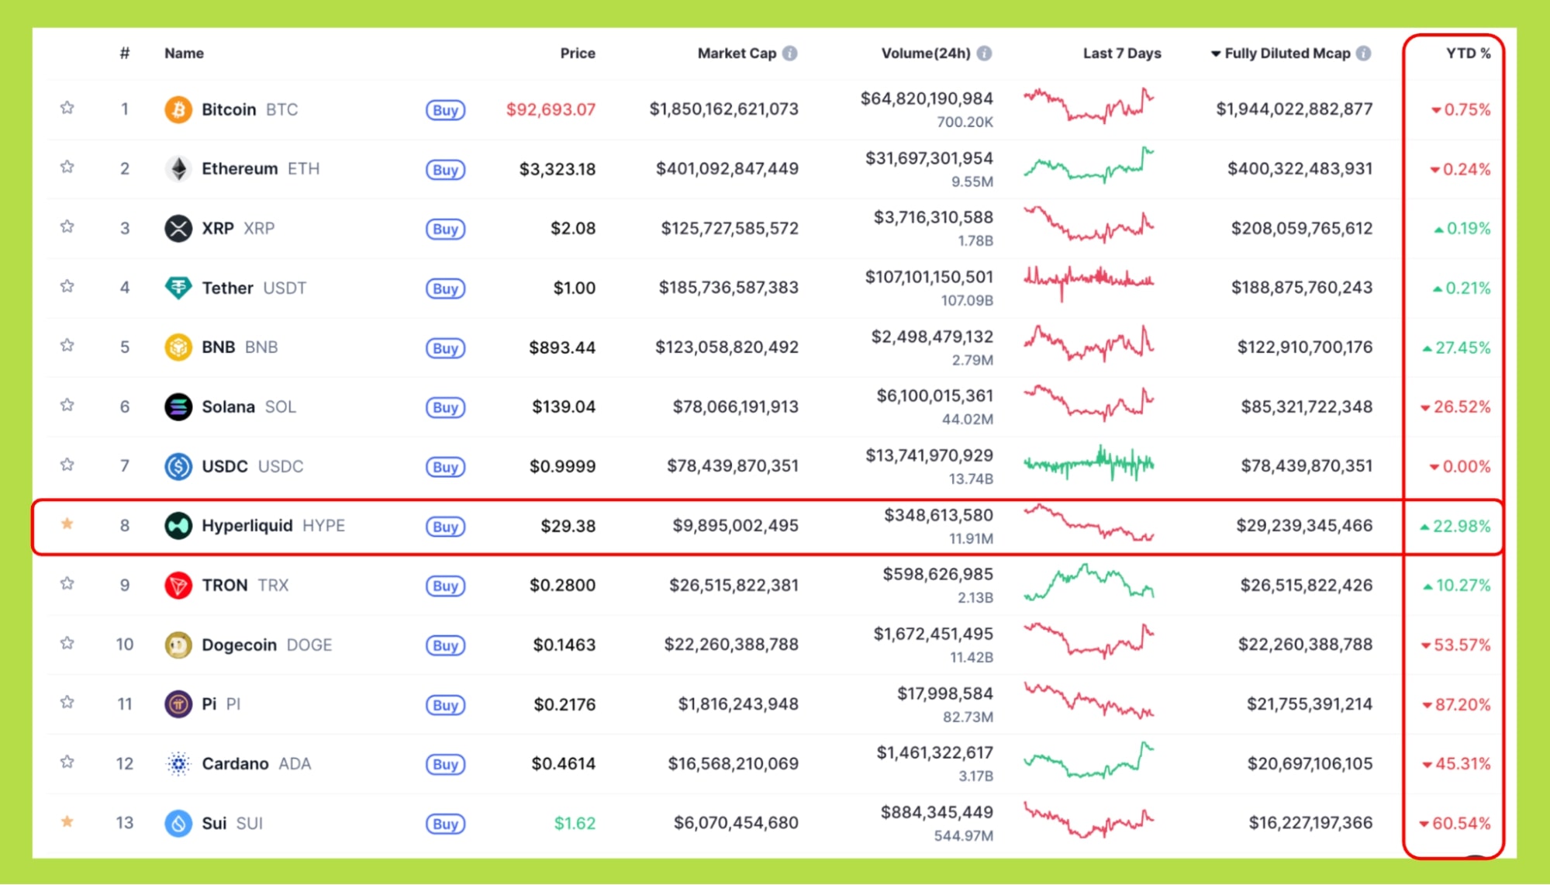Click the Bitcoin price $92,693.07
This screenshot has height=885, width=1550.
(x=551, y=109)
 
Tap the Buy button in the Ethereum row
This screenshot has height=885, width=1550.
(x=445, y=169)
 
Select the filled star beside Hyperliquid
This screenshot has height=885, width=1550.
(x=67, y=524)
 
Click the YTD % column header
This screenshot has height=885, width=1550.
(x=1468, y=54)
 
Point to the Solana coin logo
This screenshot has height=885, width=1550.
(x=178, y=406)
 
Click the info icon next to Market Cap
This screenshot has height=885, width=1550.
(x=789, y=54)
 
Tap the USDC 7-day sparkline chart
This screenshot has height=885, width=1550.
(x=1089, y=465)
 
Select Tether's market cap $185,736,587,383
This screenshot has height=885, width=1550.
(x=728, y=288)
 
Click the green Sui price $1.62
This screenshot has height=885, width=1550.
(x=575, y=823)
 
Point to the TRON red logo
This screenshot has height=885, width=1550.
(x=178, y=585)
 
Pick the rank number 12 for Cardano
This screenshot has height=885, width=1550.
(x=125, y=763)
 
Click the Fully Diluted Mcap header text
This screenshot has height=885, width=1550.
(x=1287, y=54)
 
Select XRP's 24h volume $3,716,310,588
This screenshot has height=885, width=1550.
(x=933, y=218)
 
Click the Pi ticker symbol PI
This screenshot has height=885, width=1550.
(x=233, y=704)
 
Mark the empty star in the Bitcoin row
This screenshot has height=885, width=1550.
(x=67, y=108)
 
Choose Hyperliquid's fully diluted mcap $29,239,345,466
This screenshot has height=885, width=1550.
(x=1304, y=525)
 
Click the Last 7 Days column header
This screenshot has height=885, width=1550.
(x=1121, y=54)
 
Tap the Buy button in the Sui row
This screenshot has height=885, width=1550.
(x=445, y=824)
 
